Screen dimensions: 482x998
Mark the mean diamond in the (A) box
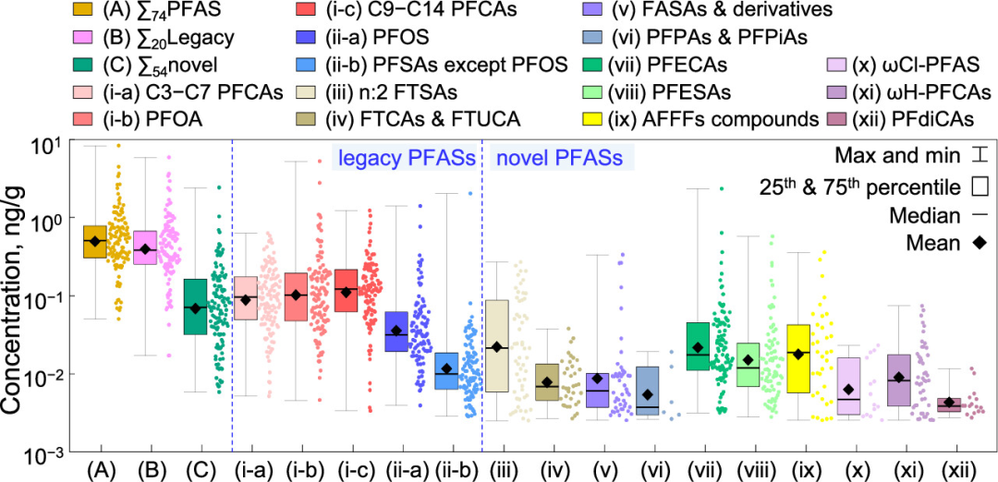94,241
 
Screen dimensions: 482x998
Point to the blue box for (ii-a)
396,331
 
